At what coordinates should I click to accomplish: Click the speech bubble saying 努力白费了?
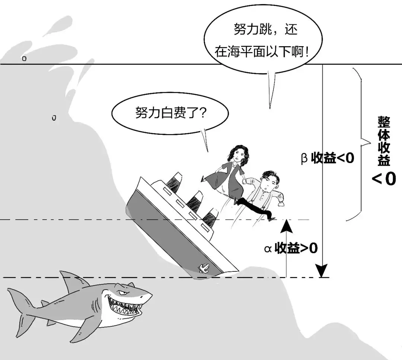coord(170,113)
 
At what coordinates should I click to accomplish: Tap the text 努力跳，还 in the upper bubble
coord(265,29)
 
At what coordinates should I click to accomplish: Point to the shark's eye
coord(122,293)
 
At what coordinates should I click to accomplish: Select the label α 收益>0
coord(291,248)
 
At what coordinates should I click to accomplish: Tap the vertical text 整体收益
coord(384,141)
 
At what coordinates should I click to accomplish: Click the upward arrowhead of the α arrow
coord(286,226)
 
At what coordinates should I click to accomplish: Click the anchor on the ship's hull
coord(204,268)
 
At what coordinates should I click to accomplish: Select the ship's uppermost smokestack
coord(173,182)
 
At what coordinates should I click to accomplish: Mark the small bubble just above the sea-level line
coord(24,59)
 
